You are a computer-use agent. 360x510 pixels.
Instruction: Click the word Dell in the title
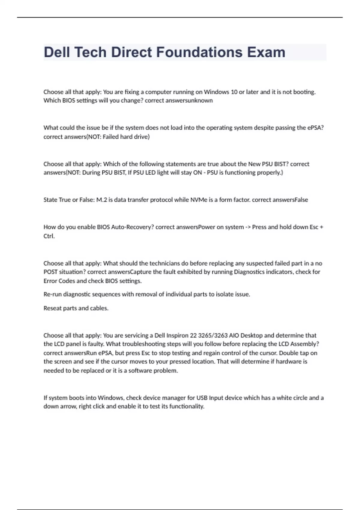[57, 52]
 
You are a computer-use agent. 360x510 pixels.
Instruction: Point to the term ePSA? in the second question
[316, 127]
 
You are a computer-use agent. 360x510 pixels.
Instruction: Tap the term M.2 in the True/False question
[101, 200]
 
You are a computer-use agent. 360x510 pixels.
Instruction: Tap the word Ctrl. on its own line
[49, 236]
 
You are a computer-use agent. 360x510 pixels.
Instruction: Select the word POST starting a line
[50, 272]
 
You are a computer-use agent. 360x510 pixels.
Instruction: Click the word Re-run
[52, 294]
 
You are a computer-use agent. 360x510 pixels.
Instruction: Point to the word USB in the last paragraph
[202, 398]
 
